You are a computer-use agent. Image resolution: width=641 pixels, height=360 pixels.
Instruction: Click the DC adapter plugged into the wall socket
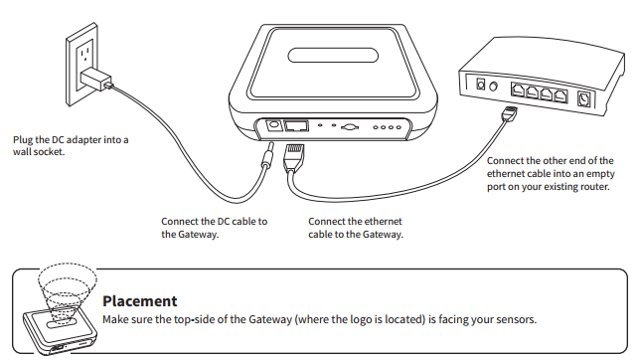(95, 80)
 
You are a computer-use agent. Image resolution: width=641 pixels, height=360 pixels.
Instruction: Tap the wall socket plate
(81, 65)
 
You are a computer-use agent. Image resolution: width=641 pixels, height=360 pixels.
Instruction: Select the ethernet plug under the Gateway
(293, 156)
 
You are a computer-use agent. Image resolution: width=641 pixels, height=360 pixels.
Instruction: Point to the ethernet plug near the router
(510, 112)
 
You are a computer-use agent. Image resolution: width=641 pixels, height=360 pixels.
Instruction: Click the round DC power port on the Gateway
(272, 125)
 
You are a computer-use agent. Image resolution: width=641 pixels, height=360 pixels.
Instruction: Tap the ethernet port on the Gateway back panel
(296, 125)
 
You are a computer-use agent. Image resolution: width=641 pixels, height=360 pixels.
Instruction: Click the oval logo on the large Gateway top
(333, 56)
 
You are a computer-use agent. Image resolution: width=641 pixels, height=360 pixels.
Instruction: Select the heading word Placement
(140, 301)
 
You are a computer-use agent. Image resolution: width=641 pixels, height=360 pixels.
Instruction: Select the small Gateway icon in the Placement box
(61, 332)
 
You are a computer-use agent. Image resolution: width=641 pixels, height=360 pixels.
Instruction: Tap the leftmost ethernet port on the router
(518, 90)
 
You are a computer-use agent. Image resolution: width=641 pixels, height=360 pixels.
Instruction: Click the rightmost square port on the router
(583, 99)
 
